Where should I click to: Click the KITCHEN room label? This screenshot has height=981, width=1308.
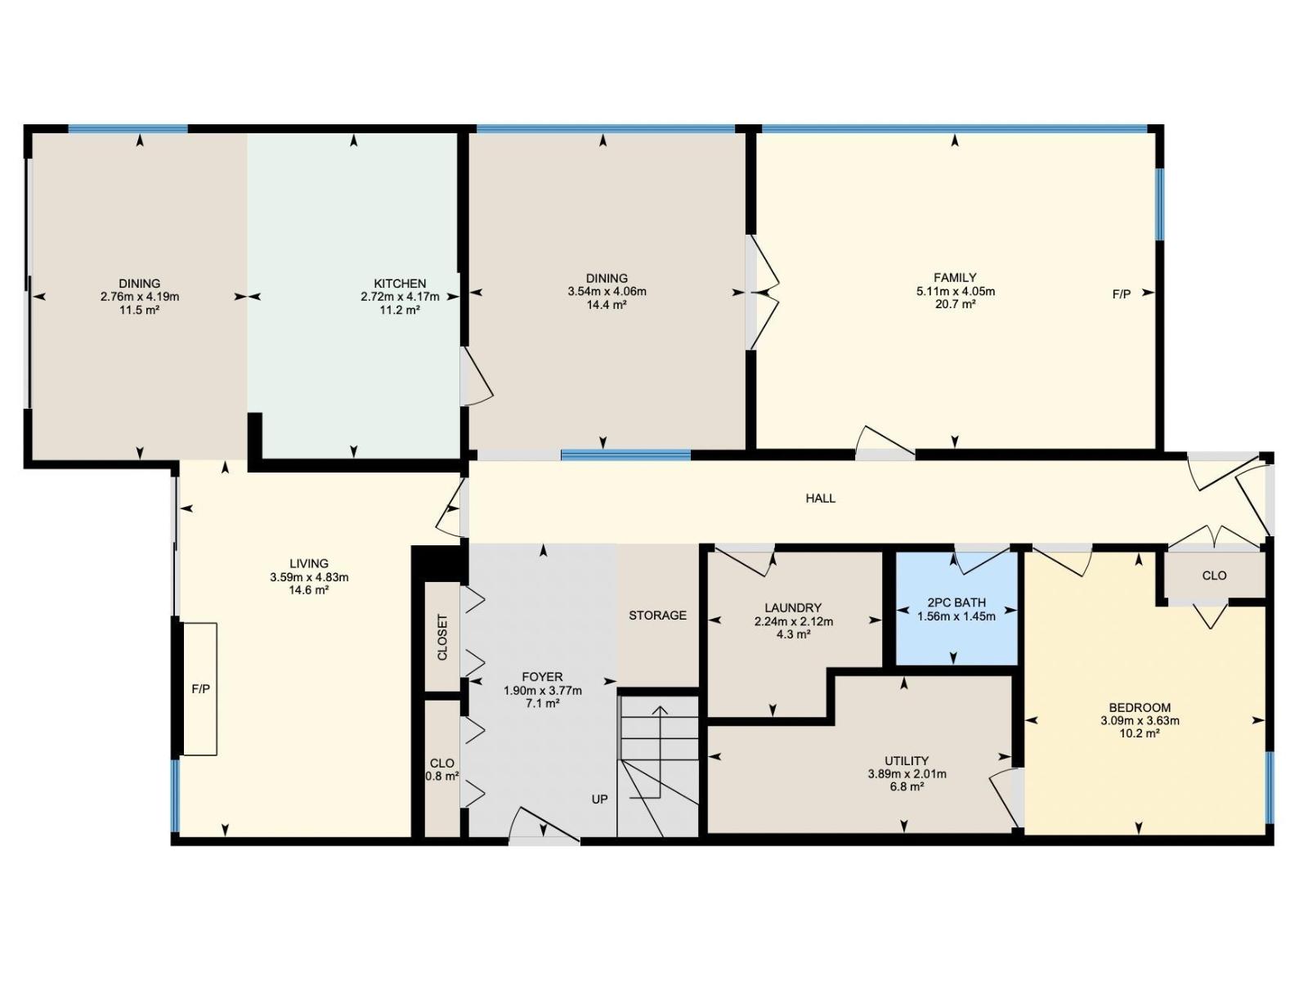[400, 284]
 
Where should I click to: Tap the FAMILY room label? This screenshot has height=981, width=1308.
[955, 278]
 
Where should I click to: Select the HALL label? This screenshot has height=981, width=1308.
[821, 499]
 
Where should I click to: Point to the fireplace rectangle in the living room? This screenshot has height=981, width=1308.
[199, 689]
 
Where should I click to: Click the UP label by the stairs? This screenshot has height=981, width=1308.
[599, 800]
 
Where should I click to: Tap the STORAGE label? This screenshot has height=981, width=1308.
[658, 616]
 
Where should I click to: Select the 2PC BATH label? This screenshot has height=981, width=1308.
[956, 602]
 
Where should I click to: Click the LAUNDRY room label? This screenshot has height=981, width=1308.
[792, 608]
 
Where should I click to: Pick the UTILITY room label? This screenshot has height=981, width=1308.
[907, 761]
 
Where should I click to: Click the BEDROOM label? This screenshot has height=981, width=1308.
[1140, 708]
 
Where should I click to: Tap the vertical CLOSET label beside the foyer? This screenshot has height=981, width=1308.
[442, 638]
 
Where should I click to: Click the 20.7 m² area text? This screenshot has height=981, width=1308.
[955, 304]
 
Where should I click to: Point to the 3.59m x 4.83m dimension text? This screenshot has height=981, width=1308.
[309, 577]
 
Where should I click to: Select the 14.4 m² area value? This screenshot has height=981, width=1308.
[607, 305]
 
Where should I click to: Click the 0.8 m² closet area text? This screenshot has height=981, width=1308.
[441, 776]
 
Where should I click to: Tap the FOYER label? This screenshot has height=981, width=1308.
[542, 677]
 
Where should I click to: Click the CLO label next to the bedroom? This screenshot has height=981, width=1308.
[1214, 576]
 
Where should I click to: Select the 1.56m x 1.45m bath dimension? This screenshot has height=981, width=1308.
[956, 616]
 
